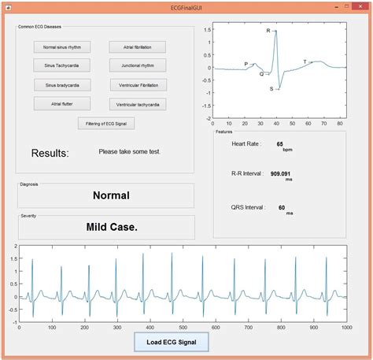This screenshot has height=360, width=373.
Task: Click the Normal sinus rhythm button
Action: point(61,47)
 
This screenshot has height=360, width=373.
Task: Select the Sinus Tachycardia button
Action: point(61,65)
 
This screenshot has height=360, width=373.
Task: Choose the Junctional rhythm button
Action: point(138,65)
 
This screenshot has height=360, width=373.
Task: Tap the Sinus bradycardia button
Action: point(61,84)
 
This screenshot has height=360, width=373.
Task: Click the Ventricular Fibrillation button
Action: point(138,84)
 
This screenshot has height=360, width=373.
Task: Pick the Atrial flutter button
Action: point(61,103)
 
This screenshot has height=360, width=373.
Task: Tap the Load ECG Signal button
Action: point(172,342)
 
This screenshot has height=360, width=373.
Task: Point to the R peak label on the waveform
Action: point(268,32)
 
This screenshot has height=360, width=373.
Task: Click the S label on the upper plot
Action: point(271,89)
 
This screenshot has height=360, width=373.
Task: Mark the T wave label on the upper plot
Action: point(305,61)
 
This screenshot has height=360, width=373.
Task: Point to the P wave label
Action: point(246,64)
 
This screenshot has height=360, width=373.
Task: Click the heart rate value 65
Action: point(279,144)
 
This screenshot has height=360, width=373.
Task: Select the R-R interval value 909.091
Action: point(281,173)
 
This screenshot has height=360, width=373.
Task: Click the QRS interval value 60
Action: point(281,207)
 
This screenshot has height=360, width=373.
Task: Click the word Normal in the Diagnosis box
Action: point(111,195)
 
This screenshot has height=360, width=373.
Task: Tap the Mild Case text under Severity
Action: point(111,227)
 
